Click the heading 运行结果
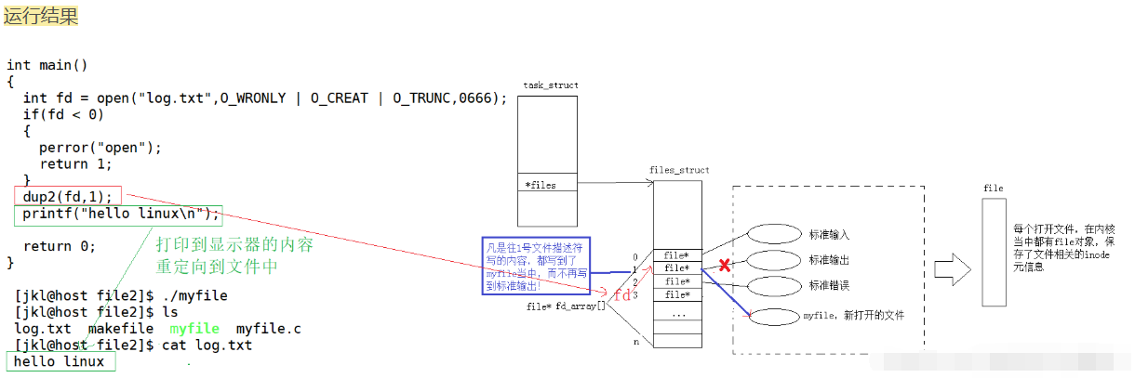[41, 16]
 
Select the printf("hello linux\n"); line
[122, 215]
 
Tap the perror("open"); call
[100, 148]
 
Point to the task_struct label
[551, 85]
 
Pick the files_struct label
[679, 170]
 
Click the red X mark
[725, 266]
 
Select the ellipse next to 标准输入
[773, 234]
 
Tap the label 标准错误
[829, 285]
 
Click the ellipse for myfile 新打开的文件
[773, 316]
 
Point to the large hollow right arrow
[952, 271]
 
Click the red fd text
[622, 294]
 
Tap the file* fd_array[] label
[566, 306]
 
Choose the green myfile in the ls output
[194, 329]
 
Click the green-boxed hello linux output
[60, 361]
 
